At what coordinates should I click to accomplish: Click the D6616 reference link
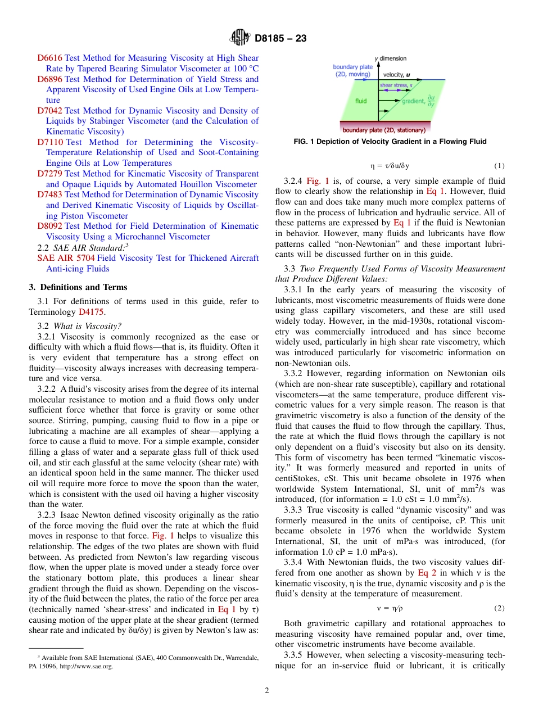pyautogui.click(x=49, y=58)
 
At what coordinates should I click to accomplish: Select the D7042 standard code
pyautogui.click(x=49, y=111)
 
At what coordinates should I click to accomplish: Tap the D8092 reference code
pyautogui.click(x=49, y=227)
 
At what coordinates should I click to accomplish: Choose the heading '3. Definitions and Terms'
pyautogui.click(x=78, y=287)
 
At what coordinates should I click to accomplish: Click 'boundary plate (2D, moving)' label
pyautogui.click(x=352, y=71)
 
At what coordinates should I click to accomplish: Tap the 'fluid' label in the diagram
pyautogui.click(x=361, y=101)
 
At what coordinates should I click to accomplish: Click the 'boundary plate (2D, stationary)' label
pyautogui.click(x=384, y=130)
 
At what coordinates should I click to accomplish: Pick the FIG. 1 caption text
pyautogui.click(x=390, y=142)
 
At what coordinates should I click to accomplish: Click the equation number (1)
pyautogui.click(x=499, y=166)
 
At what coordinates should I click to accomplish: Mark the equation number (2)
pyautogui.click(x=499, y=608)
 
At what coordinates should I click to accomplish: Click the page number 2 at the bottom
pyautogui.click(x=267, y=691)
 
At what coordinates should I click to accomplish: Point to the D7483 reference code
pyautogui.click(x=49, y=195)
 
